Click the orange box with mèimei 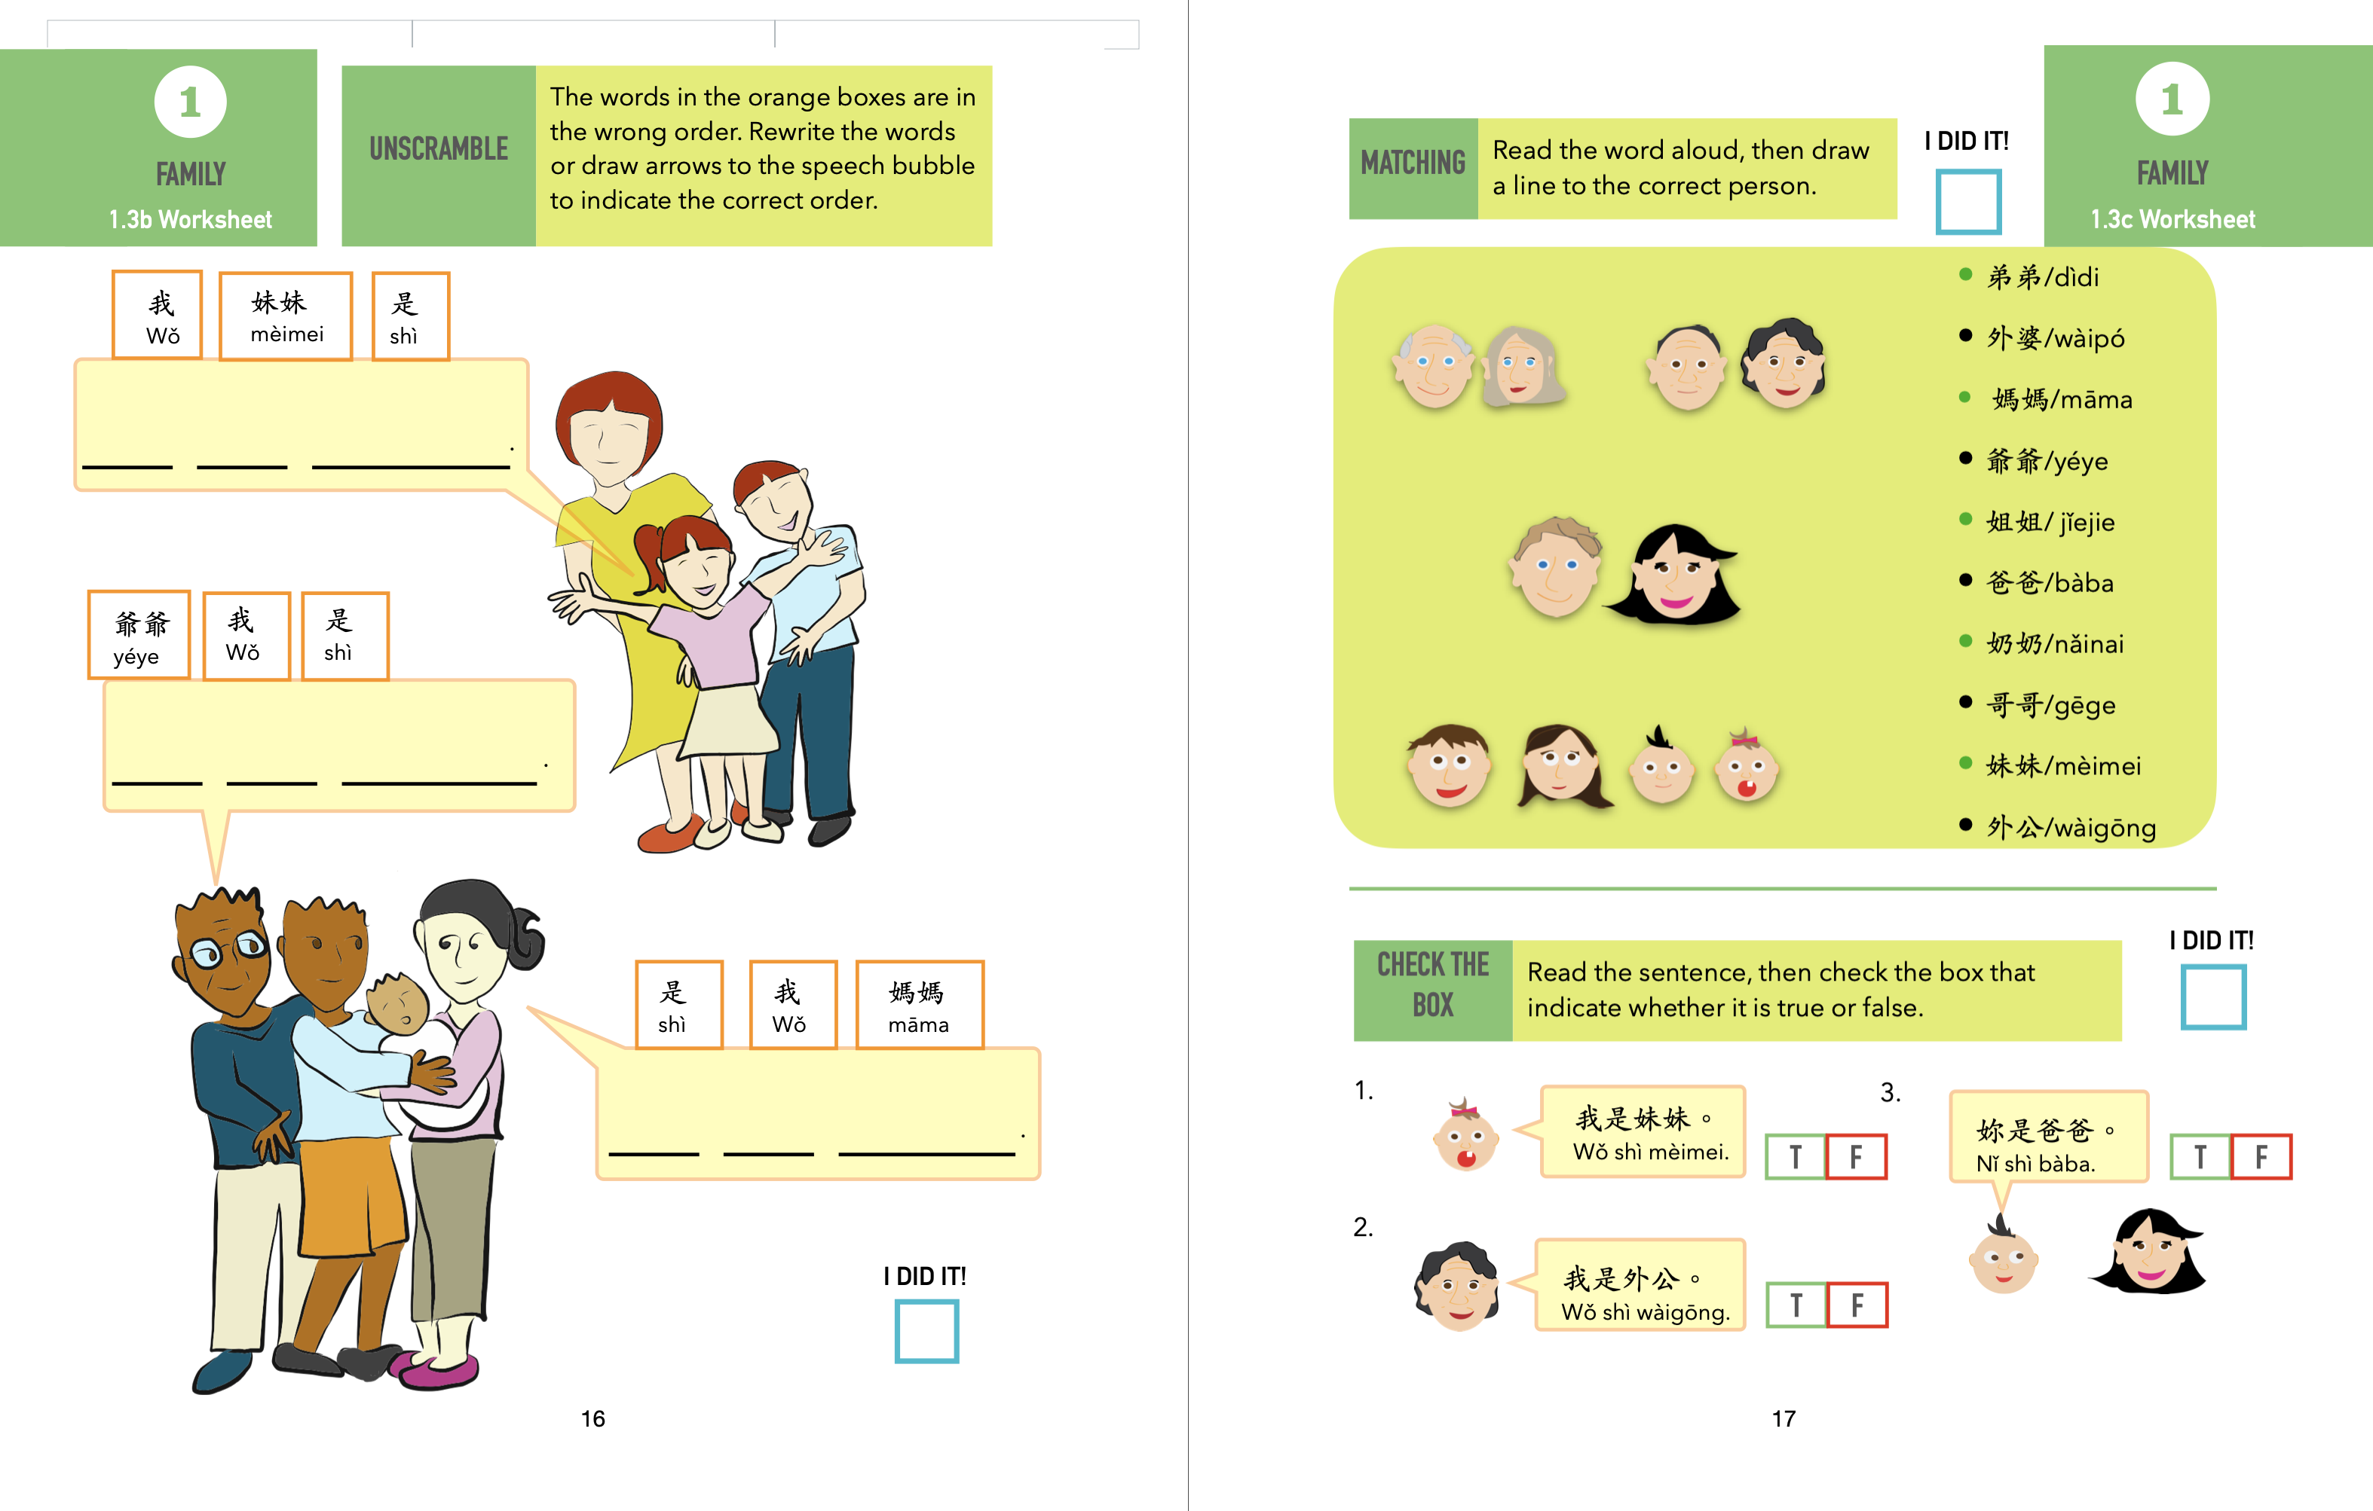[286, 316]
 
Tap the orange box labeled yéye [139, 635]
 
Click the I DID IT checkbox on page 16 [926, 1331]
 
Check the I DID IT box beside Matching [1968, 202]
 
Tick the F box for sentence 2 [1857, 1305]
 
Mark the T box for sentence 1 [1796, 1156]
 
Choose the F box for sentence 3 [2261, 1156]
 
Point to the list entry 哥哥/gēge [2050, 704]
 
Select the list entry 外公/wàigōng [2069, 826]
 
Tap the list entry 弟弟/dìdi [2042, 276]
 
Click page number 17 [1784, 1418]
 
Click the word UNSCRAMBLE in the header [439, 148]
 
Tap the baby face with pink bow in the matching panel [1747, 768]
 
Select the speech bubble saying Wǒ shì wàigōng [1641, 1286]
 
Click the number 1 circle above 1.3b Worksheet [190, 102]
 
